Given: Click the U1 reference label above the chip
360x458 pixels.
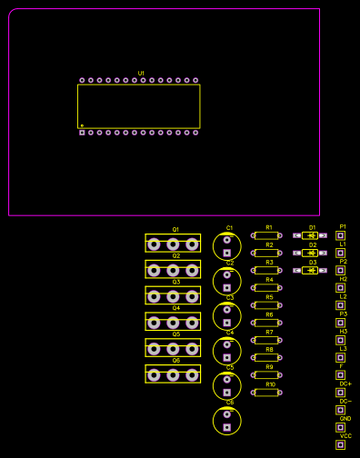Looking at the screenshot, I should click(x=141, y=73).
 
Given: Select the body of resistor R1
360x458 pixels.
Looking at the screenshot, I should click(x=266, y=235).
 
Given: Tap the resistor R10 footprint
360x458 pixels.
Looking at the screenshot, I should click(x=266, y=393).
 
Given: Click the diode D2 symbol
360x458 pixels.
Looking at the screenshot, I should click(x=312, y=253).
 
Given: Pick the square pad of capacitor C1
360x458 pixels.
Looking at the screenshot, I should click(x=226, y=253).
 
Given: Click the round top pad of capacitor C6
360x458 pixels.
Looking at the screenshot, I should click(x=226, y=414).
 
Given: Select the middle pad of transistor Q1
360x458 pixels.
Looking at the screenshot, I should click(x=173, y=244).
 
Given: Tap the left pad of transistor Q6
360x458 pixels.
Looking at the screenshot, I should click(x=154, y=374).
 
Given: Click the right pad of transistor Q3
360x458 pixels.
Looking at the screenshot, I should click(x=192, y=296).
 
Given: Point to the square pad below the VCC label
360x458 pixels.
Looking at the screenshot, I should click(x=341, y=444).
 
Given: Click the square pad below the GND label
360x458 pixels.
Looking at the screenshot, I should click(x=341, y=427).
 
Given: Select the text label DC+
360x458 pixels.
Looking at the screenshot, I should click(x=345, y=383).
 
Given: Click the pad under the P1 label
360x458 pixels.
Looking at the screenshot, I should click(x=341, y=235).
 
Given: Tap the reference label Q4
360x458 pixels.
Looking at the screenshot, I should click(x=176, y=308).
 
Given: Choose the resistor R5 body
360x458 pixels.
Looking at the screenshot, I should click(x=266, y=305).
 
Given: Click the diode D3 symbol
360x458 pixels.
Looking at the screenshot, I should click(x=312, y=270).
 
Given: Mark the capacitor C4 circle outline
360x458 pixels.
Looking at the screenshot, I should click(x=226, y=351).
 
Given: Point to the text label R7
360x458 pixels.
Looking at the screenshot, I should click(x=269, y=332).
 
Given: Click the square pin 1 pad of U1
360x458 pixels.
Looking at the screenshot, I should click(x=82, y=133).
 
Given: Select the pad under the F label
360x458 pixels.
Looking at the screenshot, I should click(x=341, y=374).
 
